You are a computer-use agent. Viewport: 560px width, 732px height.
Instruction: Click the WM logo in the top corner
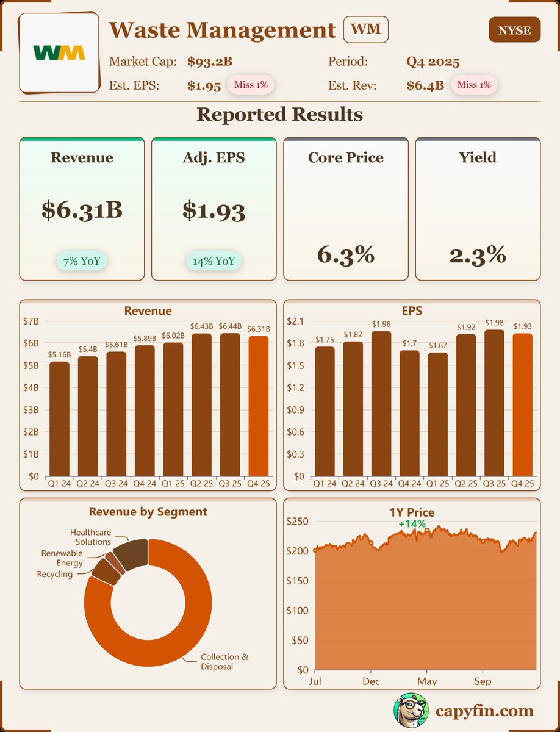[x=59, y=52]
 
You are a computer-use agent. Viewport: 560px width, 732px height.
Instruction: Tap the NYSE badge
[x=514, y=30]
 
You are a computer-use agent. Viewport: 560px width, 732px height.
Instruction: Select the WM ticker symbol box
[x=366, y=30]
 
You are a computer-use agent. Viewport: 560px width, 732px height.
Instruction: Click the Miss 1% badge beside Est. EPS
[x=250, y=85]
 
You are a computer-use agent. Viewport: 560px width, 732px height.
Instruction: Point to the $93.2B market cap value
[x=210, y=62]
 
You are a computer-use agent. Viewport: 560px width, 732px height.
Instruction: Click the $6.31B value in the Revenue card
[x=82, y=210]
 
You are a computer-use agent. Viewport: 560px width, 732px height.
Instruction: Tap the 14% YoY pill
[x=214, y=262]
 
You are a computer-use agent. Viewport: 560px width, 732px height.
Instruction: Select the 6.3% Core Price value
[x=345, y=254]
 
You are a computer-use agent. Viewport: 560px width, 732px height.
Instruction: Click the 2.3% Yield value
[x=478, y=254]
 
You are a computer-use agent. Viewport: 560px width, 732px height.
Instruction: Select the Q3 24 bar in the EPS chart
[x=381, y=403]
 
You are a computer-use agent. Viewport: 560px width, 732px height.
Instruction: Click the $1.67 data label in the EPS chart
[x=437, y=346]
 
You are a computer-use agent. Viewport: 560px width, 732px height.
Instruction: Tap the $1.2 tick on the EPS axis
[x=296, y=387]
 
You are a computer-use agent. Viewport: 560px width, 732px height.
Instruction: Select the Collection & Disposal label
[x=224, y=661]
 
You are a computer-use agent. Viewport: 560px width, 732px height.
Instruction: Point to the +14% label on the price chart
[x=412, y=523]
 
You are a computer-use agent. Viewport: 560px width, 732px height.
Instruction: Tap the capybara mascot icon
[x=409, y=711]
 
